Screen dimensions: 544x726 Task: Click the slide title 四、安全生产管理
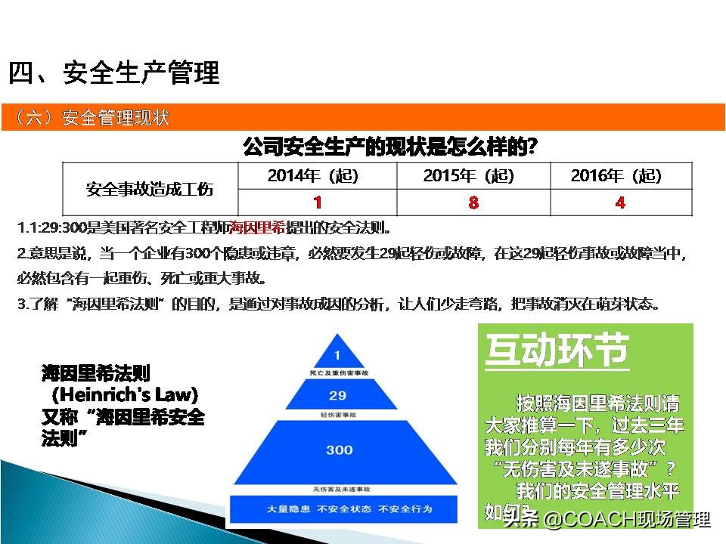pos(114,73)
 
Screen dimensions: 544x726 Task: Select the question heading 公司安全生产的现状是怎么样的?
pos(390,146)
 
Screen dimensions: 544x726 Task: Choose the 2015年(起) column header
pos(468,176)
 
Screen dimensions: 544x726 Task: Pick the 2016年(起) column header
pos(616,176)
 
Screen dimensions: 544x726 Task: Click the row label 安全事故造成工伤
pos(150,189)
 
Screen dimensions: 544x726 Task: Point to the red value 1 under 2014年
pos(318,202)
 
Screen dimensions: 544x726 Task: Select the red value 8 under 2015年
pos(473,202)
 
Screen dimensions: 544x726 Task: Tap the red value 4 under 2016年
pos(620,202)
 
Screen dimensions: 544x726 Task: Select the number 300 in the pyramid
pos(339,450)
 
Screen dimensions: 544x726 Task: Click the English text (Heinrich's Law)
pos(125,394)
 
